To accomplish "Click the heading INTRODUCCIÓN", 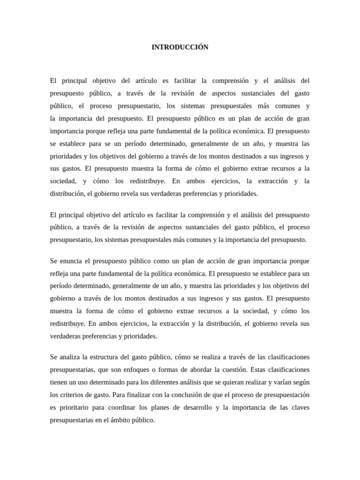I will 180,47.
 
